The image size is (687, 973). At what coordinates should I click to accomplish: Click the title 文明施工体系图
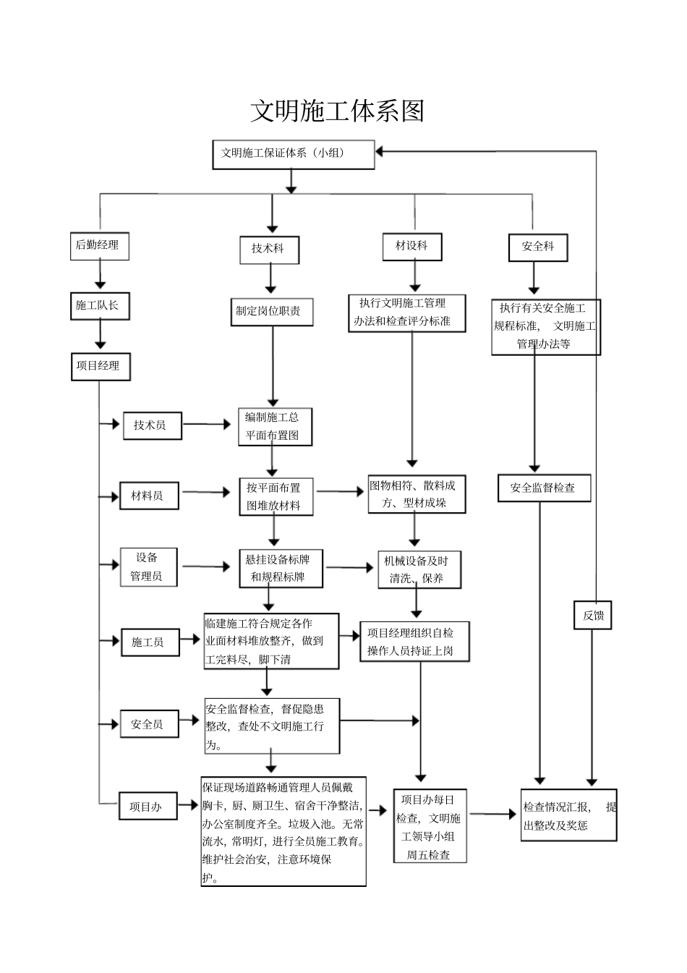click(337, 111)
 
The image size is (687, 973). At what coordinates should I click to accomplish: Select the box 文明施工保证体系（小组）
click(293, 154)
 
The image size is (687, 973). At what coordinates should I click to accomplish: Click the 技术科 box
click(269, 250)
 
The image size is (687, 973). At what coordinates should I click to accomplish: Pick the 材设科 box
click(412, 247)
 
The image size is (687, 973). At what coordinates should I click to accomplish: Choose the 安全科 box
click(538, 247)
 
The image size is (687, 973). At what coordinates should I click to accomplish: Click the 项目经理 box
click(100, 366)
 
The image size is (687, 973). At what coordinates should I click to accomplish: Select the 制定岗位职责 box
click(271, 312)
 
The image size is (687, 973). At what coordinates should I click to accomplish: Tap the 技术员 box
click(151, 425)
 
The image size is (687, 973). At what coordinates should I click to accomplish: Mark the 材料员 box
click(148, 496)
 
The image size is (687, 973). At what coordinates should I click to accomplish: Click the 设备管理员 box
click(148, 567)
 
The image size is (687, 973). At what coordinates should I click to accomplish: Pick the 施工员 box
click(149, 642)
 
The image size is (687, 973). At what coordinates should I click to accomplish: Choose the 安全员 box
click(148, 724)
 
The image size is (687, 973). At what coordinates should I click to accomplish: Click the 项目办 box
click(148, 807)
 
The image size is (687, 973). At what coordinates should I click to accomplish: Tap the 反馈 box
click(593, 616)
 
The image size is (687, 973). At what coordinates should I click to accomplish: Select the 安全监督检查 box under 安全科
click(544, 488)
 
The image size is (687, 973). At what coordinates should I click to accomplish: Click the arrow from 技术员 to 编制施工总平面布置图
click(210, 425)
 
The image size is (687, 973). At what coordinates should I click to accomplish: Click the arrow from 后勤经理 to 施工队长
click(100, 276)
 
